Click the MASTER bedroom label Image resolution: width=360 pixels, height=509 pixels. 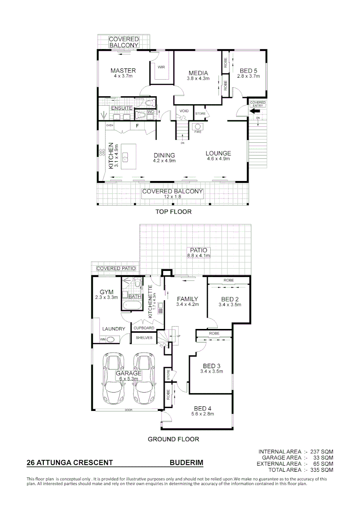point(123,71)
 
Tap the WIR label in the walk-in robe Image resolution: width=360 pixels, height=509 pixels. point(161,67)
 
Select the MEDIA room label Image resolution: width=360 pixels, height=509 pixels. point(198,73)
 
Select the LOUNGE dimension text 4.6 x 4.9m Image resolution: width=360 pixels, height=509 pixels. point(218,159)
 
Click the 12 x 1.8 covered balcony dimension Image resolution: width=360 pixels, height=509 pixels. point(172,197)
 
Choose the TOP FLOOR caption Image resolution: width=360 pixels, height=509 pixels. point(173,212)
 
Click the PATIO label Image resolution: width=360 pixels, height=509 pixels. point(198,250)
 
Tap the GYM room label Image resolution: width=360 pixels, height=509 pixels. point(106,292)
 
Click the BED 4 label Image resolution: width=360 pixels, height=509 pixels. point(203,408)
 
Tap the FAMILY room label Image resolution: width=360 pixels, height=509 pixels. point(187,299)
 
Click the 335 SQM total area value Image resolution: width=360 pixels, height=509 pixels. point(321,469)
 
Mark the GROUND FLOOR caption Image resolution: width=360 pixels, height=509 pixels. point(173,439)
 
